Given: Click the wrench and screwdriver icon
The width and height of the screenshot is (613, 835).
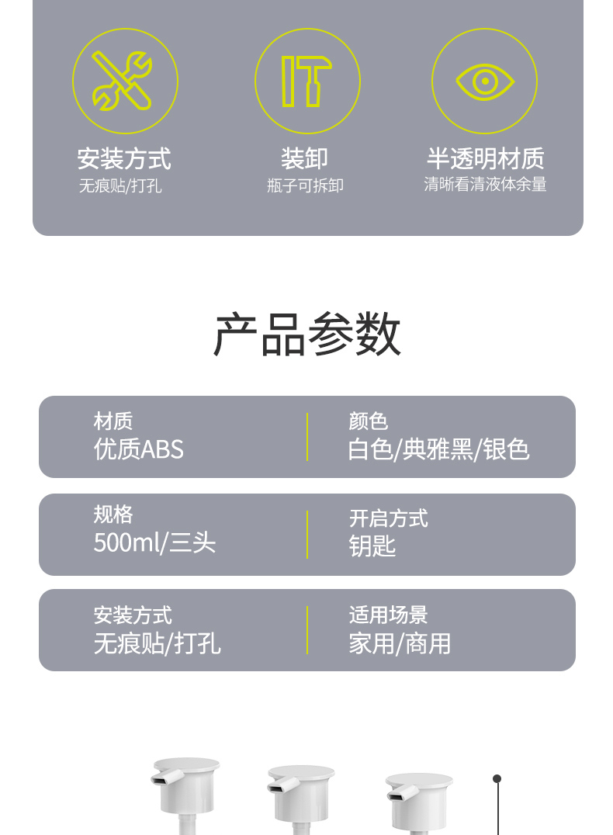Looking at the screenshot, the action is click(122, 81).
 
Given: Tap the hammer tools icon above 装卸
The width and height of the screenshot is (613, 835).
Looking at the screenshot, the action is click(306, 81).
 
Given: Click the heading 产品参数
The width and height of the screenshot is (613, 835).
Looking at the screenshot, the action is click(306, 334).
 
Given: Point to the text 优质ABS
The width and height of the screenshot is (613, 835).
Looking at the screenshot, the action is click(138, 449).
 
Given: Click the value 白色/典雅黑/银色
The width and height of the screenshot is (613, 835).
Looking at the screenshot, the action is click(438, 449).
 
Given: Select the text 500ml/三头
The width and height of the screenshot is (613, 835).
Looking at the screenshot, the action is click(154, 542).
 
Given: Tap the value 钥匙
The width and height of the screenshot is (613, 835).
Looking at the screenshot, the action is click(372, 546).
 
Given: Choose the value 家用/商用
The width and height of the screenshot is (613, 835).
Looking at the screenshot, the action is click(400, 643).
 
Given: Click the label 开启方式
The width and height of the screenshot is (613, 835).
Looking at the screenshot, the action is click(388, 518).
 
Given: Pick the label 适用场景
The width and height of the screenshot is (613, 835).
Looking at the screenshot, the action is click(388, 615).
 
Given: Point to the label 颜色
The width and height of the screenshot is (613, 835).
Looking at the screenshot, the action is click(368, 421).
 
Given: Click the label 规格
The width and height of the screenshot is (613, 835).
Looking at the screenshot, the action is click(113, 515).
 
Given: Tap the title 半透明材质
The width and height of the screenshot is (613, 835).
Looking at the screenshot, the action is click(485, 158).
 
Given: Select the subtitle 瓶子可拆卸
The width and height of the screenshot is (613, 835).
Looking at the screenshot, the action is click(305, 185).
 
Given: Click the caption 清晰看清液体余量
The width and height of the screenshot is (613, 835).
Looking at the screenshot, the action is click(485, 184).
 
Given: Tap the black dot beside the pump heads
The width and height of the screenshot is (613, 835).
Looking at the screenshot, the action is click(497, 778).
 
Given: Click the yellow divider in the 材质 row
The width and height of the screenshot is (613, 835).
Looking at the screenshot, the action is click(307, 437).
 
